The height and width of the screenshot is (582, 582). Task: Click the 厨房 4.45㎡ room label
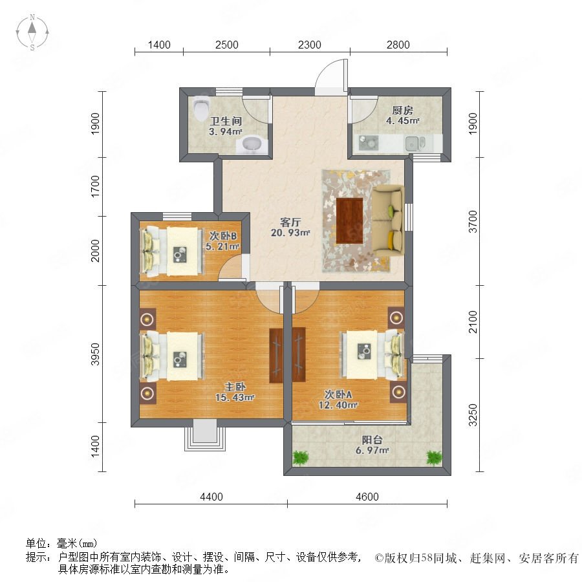pos(402,115)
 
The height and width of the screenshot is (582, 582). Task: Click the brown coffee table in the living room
pos(349,220)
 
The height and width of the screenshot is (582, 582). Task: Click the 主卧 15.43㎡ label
pos(234,391)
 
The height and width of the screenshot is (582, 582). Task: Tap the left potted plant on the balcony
pos(300,458)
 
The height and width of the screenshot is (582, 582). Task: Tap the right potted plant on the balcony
pos(434,458)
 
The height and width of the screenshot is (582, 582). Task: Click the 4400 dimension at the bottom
pos(211,497)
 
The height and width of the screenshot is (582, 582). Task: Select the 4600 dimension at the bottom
pos(367,497)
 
